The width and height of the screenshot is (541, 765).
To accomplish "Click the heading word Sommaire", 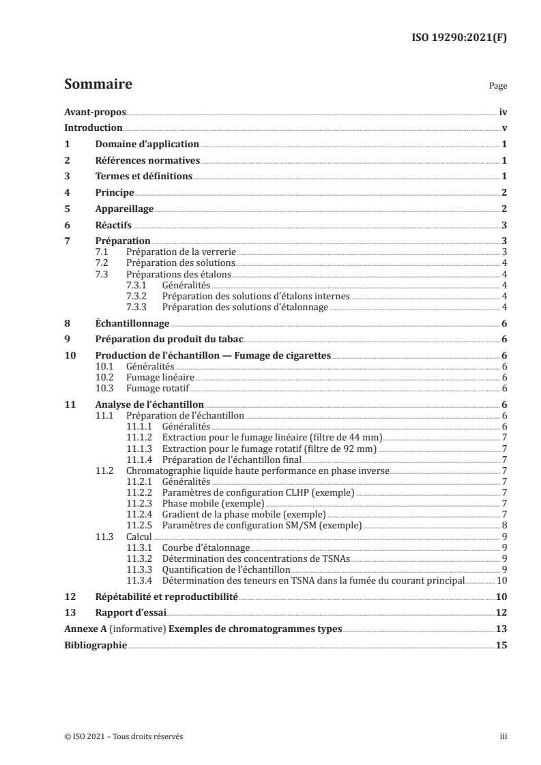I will pyautogui.click(x=98, y=85).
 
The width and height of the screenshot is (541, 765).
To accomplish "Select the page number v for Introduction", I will pyautogui.click(x=503, y=128).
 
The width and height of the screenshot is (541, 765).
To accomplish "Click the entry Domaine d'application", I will pyautogui.click(x=147, y=145).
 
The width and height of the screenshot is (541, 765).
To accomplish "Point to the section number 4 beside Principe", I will pyautogui.click(x=67, y=193).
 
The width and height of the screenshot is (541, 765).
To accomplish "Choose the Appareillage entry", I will pyautogui.click(x=124, y=209).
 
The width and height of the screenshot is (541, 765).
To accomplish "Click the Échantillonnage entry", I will pyautogui.click(x=132, y=323).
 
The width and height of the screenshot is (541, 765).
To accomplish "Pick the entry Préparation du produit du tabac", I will pyautogui.click(x=169, y=340).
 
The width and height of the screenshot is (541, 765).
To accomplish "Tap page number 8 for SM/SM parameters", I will pyautogui.click(x=503, y=525).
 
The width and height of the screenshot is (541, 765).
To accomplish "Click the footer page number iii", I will pyautogui.click(x=503, y=736).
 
